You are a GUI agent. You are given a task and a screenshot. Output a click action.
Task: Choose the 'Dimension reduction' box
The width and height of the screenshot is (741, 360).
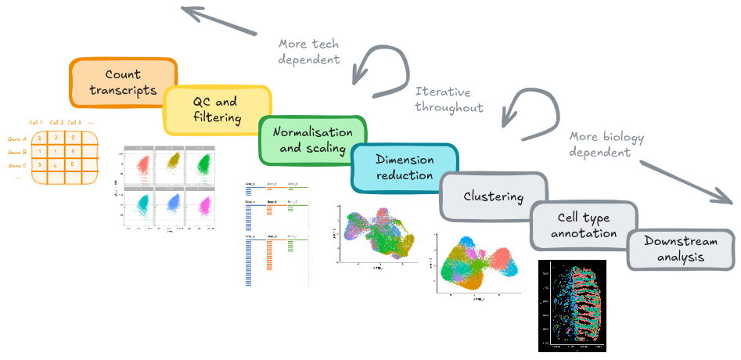tap(404, 167)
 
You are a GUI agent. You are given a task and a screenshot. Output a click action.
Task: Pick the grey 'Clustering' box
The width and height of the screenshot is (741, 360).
tap(493, 196)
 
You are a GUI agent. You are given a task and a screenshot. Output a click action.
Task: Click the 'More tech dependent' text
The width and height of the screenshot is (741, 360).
tap(310, 51)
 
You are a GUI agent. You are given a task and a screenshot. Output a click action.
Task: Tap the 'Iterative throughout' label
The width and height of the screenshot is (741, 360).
tap(449, 99)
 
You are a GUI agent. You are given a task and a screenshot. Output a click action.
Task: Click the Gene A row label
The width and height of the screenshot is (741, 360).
tap(17, 139)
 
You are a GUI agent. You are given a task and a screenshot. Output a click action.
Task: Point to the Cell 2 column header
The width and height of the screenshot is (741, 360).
tap(56, 122)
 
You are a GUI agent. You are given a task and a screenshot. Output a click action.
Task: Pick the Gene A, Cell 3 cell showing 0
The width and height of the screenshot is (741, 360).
tap(73, 139)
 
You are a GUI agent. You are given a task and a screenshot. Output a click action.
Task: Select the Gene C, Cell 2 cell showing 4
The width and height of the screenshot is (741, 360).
tap(56, 164)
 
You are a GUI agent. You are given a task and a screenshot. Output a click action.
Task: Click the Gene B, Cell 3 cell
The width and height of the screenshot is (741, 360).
tap(73, 151)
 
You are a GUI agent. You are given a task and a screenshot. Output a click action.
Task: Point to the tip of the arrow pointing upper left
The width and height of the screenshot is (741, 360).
tap(182, 9)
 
